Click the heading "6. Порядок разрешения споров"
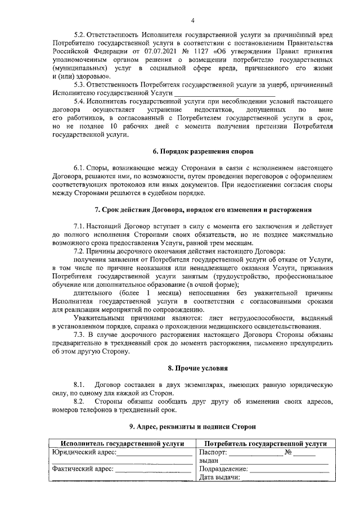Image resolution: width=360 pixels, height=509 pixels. [204, 152]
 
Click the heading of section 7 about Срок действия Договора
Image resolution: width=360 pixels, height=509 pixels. [204, 210]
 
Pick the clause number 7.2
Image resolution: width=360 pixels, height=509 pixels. [81, 250]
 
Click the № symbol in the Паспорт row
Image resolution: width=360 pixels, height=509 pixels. [288, 453]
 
